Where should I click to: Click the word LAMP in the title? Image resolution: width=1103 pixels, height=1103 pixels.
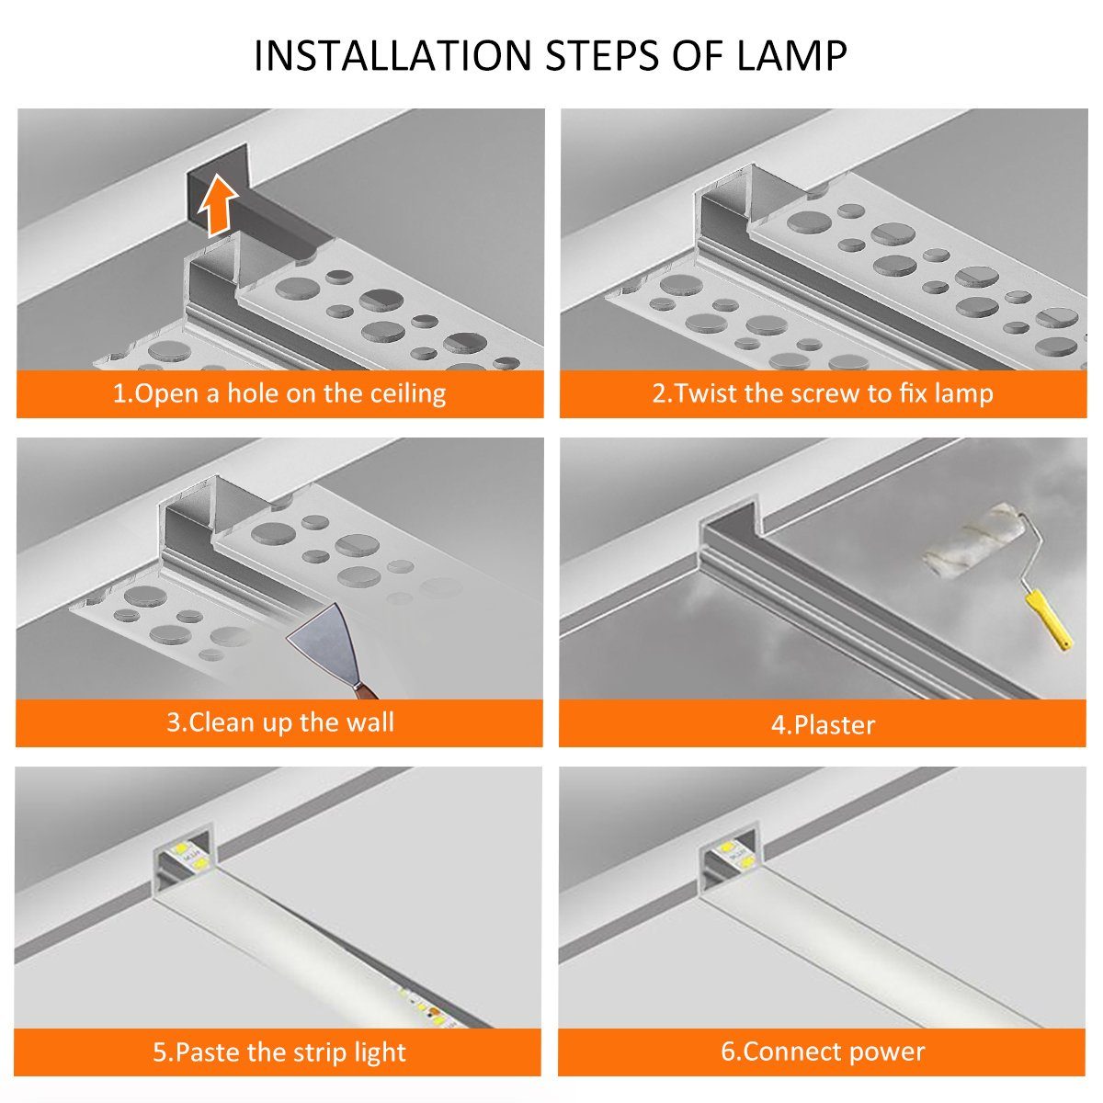791,56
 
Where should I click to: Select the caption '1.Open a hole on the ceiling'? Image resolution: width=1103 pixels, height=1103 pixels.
279,393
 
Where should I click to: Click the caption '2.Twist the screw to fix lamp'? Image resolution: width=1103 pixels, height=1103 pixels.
823,393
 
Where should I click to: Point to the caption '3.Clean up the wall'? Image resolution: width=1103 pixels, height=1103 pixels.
279,722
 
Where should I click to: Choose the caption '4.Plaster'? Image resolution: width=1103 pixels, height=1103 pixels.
823,724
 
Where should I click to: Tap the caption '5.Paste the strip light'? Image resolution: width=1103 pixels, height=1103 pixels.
279,1052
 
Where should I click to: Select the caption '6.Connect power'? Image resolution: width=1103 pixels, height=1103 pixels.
823,1052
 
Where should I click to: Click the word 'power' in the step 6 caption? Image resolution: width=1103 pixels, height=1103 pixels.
886,1052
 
